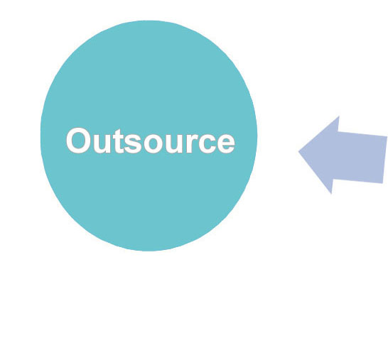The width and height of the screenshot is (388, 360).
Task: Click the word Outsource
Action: click(x=150, y=141)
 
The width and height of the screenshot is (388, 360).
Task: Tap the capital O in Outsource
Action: click(x=78, y=141)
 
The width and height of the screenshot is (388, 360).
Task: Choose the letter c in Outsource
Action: click(x=207, y=144)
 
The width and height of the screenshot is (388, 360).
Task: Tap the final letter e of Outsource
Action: click(x=225, y=144)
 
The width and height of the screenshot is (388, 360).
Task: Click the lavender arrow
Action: click(x=343, y=155)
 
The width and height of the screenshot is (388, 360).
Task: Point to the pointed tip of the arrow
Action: click(x=299, y=151)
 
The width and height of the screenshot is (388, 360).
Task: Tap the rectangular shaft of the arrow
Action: click(x=360, y=157)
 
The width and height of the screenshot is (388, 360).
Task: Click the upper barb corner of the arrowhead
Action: click(x=339, y=116)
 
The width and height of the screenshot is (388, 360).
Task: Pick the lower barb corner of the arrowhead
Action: click(x=331, y=194)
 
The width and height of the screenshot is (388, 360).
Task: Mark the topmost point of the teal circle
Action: click(x=149, y=21)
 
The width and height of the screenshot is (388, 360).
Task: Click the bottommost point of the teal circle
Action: click(x=149, y=251)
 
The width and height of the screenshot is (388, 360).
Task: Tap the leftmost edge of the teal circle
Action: click(x=41, y=136)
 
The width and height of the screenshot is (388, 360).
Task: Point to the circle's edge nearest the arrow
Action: click(x=257, y=136)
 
